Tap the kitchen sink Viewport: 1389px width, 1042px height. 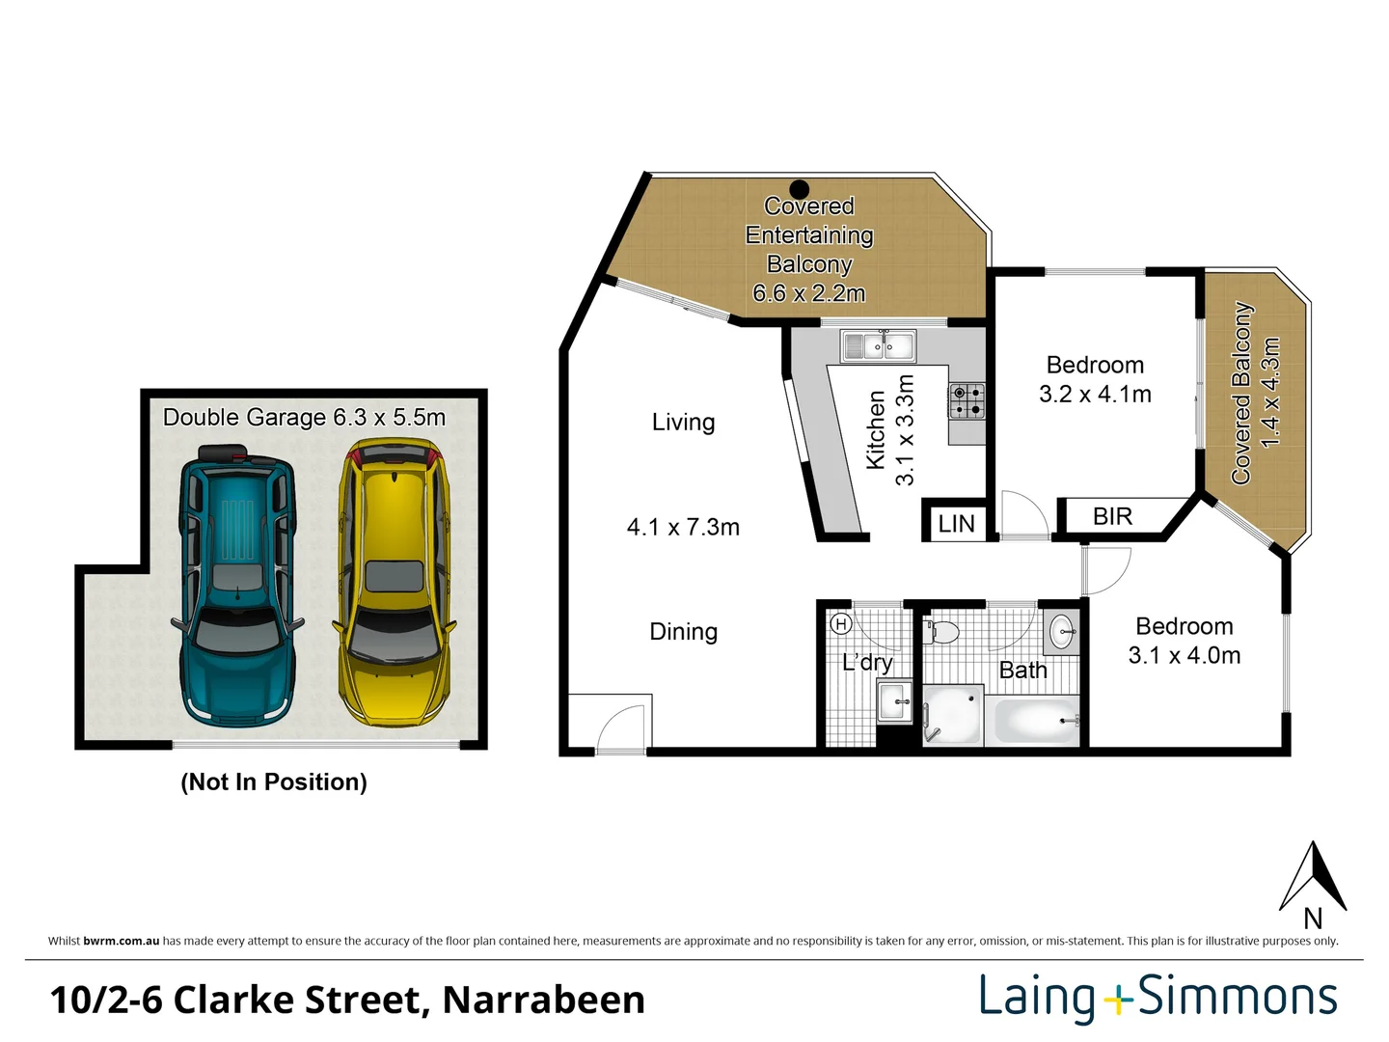tap(878, 345)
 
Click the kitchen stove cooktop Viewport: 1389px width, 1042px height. tap(967, 400)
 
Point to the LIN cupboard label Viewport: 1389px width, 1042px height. tap(956, 524)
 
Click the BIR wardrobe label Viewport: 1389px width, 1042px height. tap(1112, 517)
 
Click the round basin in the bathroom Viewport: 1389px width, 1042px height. tap(1062, 633)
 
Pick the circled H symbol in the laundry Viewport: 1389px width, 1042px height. tap(840, 624)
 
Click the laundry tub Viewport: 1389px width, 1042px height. tap(894, 701)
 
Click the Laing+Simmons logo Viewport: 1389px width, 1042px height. tap(1157, 998)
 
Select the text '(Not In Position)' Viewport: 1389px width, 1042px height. tap(274, 781)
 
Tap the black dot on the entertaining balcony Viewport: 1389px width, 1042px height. tap(799, 189)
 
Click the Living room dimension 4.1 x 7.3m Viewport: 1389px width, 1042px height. tap(683, 528)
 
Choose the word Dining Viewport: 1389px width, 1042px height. tap(683, 632)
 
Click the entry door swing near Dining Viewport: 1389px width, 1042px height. tap(619, 729)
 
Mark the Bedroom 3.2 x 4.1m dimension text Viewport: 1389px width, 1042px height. tap(1095, 395)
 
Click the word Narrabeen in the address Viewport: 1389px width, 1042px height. tap(543, 1001)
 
